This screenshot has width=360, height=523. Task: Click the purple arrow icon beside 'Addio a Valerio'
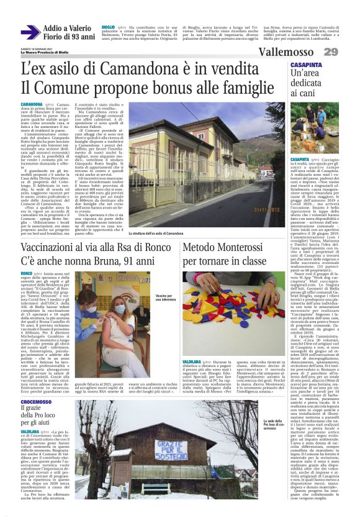point(30,32)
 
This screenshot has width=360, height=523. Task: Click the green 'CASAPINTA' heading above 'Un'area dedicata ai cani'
point(305,65)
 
